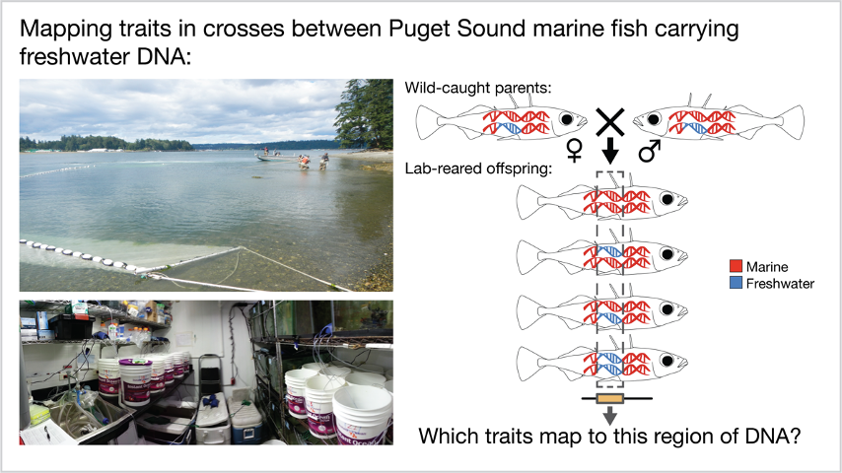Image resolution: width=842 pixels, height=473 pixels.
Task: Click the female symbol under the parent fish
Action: tap(575, 151)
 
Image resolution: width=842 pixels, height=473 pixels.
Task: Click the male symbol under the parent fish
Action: tap(649, 151)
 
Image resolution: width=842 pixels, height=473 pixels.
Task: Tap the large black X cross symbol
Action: tap(610, 122)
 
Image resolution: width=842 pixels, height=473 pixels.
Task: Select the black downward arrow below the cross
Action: tap(609, 151)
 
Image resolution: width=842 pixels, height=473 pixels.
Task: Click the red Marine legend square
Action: tap(736, 266)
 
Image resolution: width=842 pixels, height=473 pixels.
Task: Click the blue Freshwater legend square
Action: tap(736, 283)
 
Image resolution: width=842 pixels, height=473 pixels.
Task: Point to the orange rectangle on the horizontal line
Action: tap(610, 398)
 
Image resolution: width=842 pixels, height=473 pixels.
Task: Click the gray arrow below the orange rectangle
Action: tap(609, 415)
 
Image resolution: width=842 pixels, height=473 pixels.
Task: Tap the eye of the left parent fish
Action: tap(566, 118)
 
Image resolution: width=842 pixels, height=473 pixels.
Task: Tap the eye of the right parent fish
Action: tap(654, 118)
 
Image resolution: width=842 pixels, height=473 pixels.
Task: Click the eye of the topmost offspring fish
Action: tap(667, 199)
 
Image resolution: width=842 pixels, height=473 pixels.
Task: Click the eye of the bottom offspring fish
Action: tap(667, 360)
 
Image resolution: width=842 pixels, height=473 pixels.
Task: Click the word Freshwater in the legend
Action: tap(780, 284)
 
